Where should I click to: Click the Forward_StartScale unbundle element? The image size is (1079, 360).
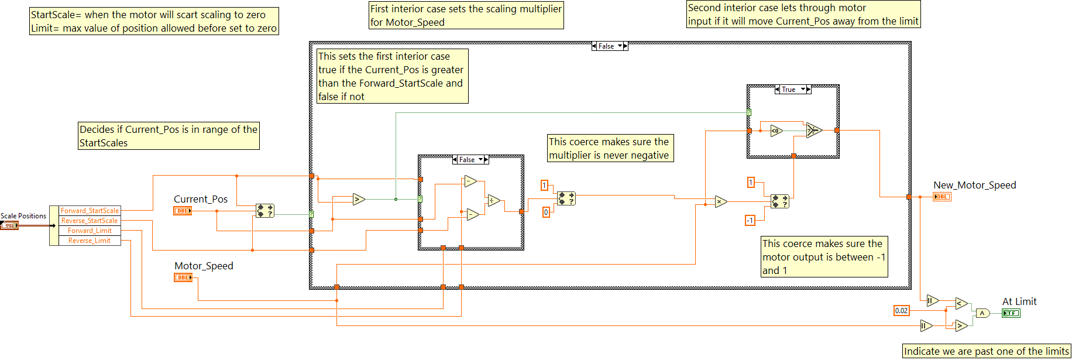90,211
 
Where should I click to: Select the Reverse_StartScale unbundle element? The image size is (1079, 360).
90,221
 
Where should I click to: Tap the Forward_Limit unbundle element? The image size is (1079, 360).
90,231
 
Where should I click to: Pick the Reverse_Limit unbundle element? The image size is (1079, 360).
90,241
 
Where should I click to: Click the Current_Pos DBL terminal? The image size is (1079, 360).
183,211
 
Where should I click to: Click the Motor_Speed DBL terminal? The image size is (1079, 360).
183,277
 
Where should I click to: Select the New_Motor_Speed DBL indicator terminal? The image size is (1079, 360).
941,197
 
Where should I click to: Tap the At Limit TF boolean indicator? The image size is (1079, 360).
1011,313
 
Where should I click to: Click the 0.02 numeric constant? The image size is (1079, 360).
901,311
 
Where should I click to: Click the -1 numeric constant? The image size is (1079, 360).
750,220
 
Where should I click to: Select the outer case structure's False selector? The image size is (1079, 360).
609,46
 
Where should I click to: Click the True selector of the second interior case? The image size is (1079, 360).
792,90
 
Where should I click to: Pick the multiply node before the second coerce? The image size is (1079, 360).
720,202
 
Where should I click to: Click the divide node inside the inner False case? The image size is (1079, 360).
493,201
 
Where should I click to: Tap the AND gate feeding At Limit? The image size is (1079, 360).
982,313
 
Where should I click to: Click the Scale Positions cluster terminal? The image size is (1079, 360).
9,225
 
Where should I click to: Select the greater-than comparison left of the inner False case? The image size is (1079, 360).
359,200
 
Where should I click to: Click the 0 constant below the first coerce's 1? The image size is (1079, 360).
546,212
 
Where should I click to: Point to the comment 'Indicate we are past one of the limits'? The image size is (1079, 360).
986,351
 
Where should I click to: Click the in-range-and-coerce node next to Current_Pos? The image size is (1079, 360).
265,211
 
